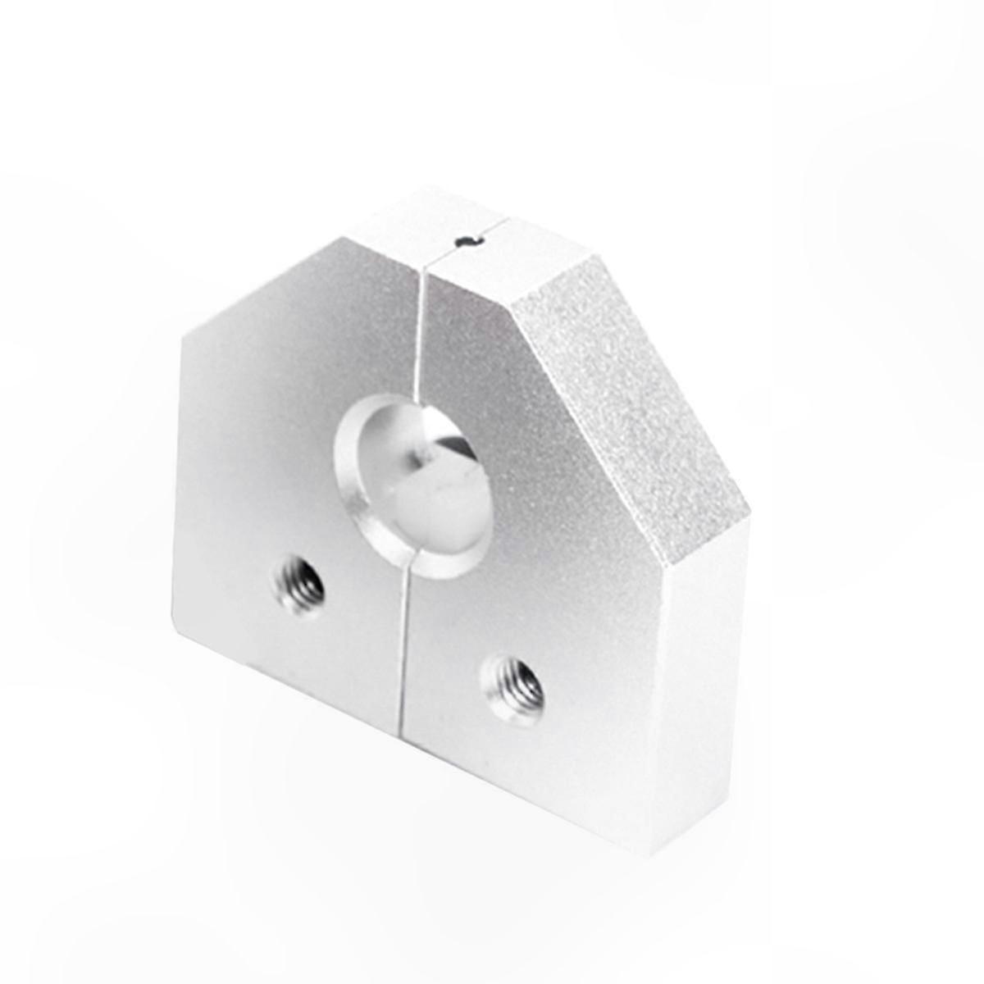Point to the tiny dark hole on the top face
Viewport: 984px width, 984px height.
[466, 240]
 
